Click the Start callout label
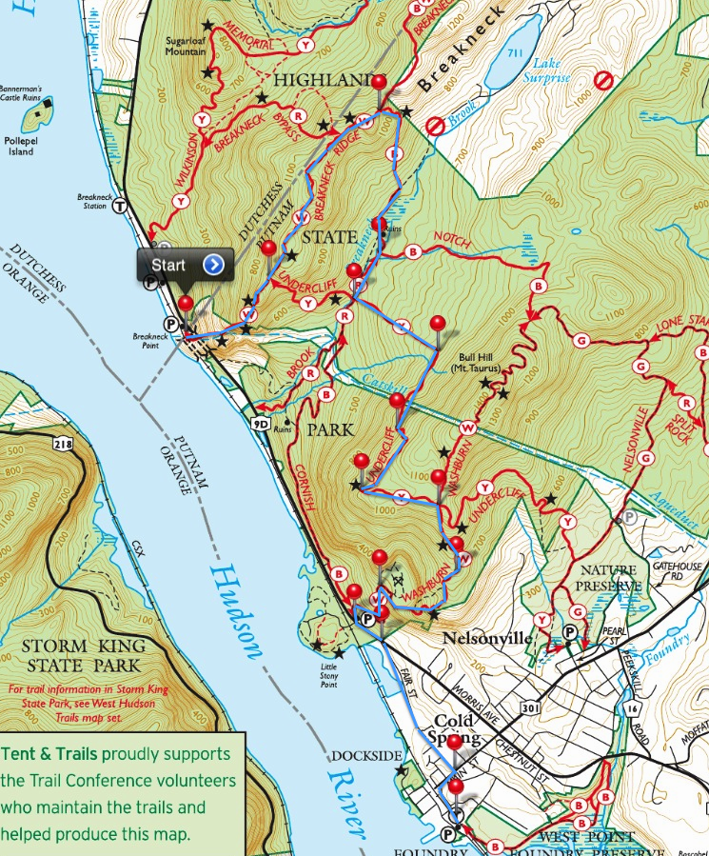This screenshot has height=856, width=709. [169, 264]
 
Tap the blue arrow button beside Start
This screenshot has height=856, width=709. [215, 264]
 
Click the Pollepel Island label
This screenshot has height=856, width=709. [21, 146]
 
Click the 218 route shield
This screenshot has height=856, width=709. [64, 445]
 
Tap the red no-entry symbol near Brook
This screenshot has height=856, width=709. [435, 125]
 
